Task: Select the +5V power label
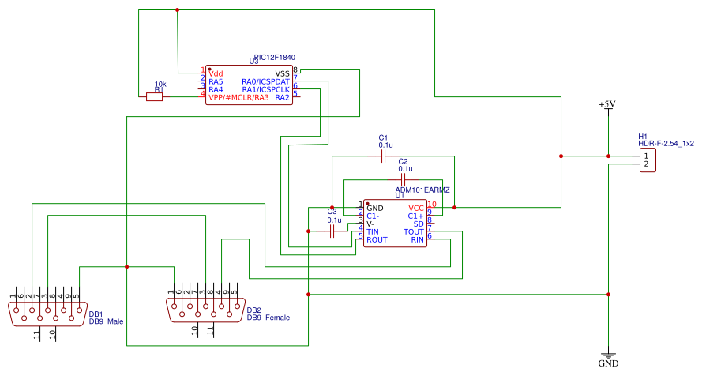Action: tap(606, 104)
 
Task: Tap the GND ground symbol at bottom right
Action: tap(607, 358)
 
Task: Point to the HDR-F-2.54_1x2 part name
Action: tap(666, 144)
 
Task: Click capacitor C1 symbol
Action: tap(384, 157)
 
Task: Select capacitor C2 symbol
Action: tap(404, 181)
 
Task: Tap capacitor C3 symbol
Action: tap(332, 231)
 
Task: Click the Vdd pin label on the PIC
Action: tap(216, 73)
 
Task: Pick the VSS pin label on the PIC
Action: tap(282, 73)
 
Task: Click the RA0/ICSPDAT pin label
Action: tap(266, 81)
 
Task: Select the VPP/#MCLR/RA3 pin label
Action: tap(238, 97)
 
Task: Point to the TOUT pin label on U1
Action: tap(414, 231)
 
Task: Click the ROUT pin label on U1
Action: tap(377, 239)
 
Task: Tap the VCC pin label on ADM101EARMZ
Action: tap(416, 208)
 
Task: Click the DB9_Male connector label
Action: tap(106, 321)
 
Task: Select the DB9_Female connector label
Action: tap(268, 318)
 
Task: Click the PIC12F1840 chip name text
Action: tap(274, 58)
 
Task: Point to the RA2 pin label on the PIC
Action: tap(282, 97)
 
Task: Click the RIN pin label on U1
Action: tap(417, 239)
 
